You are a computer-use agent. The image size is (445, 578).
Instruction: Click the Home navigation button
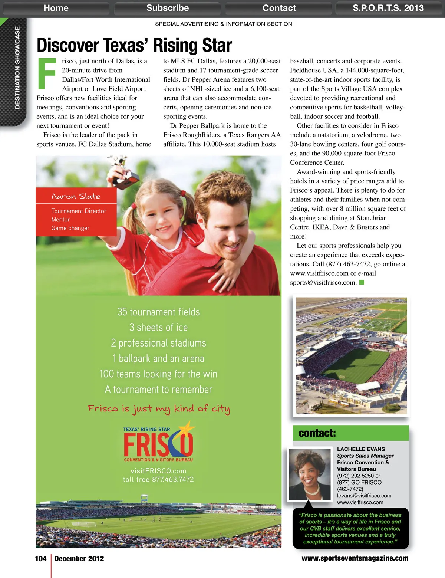[x=56, y=8]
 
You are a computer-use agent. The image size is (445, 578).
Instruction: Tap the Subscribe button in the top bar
[x=167, y=8]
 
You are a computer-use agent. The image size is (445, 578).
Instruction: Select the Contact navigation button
[x=279, y=8]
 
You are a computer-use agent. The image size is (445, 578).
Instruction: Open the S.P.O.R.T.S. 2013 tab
[x=388, y=8]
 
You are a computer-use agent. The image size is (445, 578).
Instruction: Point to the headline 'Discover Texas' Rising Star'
[x=134, y=45]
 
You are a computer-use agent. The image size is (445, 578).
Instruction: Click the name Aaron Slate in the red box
[x=76, y=196]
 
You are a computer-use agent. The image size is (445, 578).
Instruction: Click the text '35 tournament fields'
[x=158, y=312]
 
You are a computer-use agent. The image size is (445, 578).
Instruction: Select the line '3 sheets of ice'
[x=158, y=327]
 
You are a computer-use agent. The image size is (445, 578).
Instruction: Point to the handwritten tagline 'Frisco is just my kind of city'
[x=159, y=409]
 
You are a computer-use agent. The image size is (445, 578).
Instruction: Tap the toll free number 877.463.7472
[x=173, y=479]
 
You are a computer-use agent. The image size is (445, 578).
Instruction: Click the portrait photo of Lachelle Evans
[x=310, y=474]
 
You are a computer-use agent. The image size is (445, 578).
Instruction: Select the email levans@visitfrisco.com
[x=364, y=496]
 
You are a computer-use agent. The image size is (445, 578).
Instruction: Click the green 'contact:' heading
[x=317, y=433]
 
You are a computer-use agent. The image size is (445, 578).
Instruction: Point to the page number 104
[x=41, y=559]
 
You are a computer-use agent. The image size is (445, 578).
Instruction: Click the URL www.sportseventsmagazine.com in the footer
[x=355, y=558]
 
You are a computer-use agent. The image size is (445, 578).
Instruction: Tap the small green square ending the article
[x=362, y=282]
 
